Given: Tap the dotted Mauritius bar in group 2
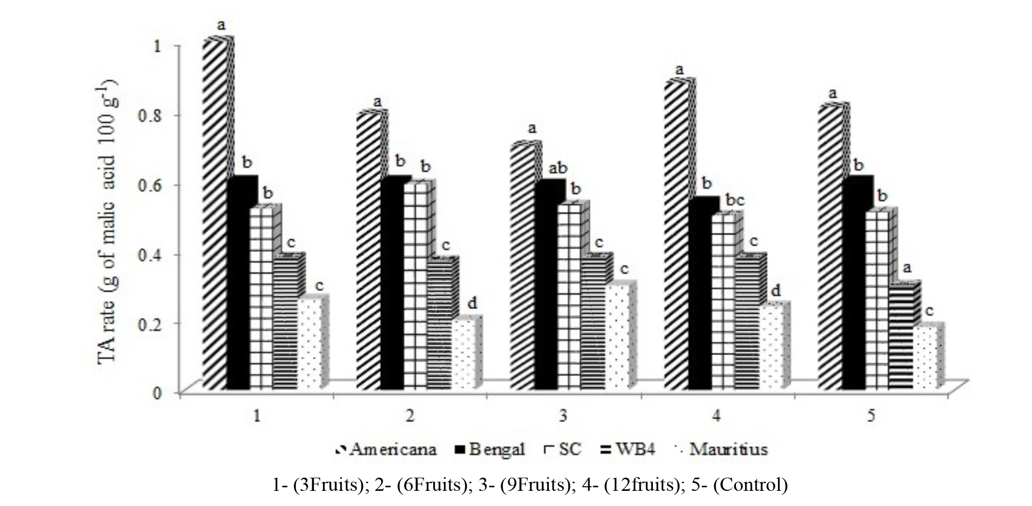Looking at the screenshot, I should tap(464, 354).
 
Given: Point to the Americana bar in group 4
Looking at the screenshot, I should tap(675, 238).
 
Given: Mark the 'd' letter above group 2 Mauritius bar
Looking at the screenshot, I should tap(472, 303).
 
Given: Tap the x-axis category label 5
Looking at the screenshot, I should tap(871, 416).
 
